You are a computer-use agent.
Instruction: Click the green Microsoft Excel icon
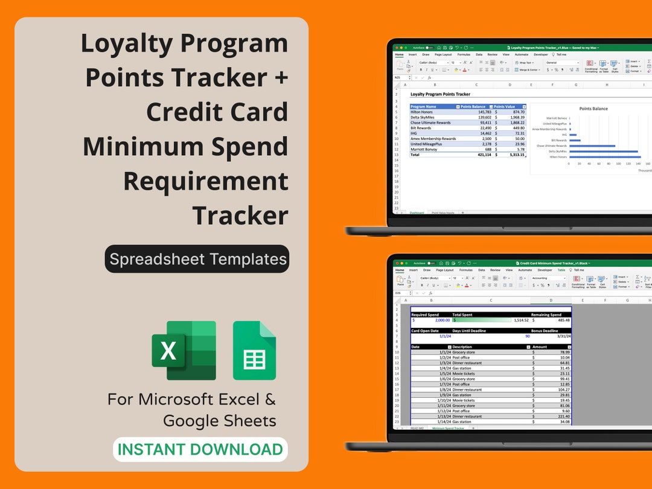click(184, 350)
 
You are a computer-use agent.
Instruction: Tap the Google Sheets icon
click(254, 351)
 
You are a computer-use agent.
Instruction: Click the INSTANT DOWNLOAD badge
click(200, 450)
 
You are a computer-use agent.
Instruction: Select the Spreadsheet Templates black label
click(197, 259)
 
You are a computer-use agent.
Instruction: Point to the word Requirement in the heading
click(206, 181)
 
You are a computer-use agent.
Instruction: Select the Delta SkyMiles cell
click(423, 117)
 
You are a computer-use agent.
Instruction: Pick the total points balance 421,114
click(480, 155)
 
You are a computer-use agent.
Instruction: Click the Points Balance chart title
click(593, 109)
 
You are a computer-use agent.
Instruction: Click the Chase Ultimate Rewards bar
click(592, 145)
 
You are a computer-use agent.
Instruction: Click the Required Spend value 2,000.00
click(442, 320)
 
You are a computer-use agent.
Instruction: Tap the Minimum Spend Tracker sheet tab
click(447, 428)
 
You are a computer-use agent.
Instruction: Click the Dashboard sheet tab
click(417, 213)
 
